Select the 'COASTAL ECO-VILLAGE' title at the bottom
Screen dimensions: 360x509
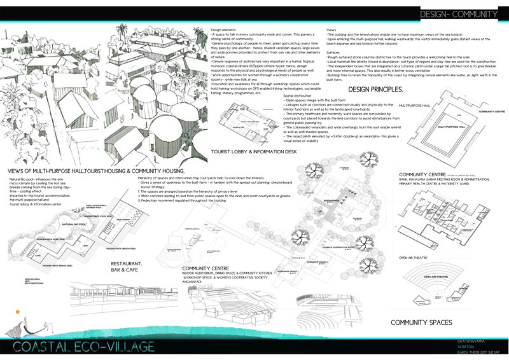83,347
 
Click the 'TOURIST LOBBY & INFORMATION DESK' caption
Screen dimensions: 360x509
253,151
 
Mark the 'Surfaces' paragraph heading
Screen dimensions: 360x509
333,52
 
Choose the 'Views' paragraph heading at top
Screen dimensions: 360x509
331,30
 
